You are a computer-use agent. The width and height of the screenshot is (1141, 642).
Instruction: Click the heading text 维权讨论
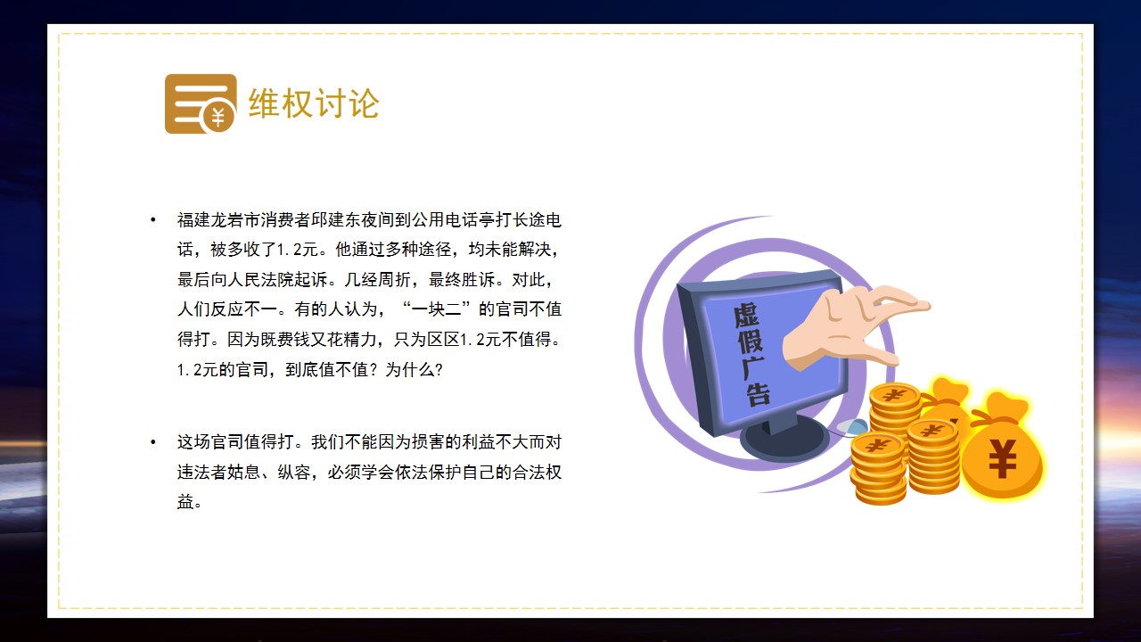tap(314, 103)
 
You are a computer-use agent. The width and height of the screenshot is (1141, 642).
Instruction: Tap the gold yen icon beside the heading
tap(201, 104)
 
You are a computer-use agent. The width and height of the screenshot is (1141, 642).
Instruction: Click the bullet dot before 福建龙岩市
tap(152, 220)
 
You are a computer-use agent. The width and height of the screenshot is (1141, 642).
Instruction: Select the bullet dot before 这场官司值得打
tap(152, 442)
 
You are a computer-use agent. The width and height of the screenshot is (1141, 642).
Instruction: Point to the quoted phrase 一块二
tap(436, 309)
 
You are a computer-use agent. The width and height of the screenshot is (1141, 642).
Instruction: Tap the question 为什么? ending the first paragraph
tap(415, 369)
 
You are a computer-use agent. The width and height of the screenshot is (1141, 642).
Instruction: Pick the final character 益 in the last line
tap(185, 502)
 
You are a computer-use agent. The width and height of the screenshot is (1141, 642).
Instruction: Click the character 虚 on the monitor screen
tap(746, 316)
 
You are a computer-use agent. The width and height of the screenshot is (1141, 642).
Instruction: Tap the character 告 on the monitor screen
tap(758, 393)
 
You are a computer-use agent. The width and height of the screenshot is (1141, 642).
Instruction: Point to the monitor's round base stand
tap(784, 440)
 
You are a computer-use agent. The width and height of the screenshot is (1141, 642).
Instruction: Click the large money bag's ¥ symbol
tap(1003, 458)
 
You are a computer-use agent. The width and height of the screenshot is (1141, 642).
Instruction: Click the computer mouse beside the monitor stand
tap(851, 427)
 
